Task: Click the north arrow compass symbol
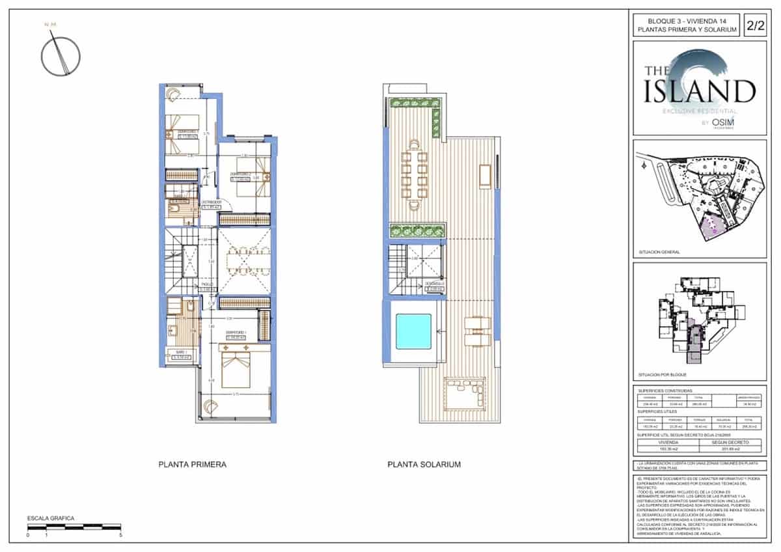(61, 54)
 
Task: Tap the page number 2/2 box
(756, 26)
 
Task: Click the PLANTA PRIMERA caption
(192, 465)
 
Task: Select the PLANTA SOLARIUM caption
(424, 465)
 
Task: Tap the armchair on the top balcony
(172, 93)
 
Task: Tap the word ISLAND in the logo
(700, 91)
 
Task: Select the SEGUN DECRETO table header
(727, 441)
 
